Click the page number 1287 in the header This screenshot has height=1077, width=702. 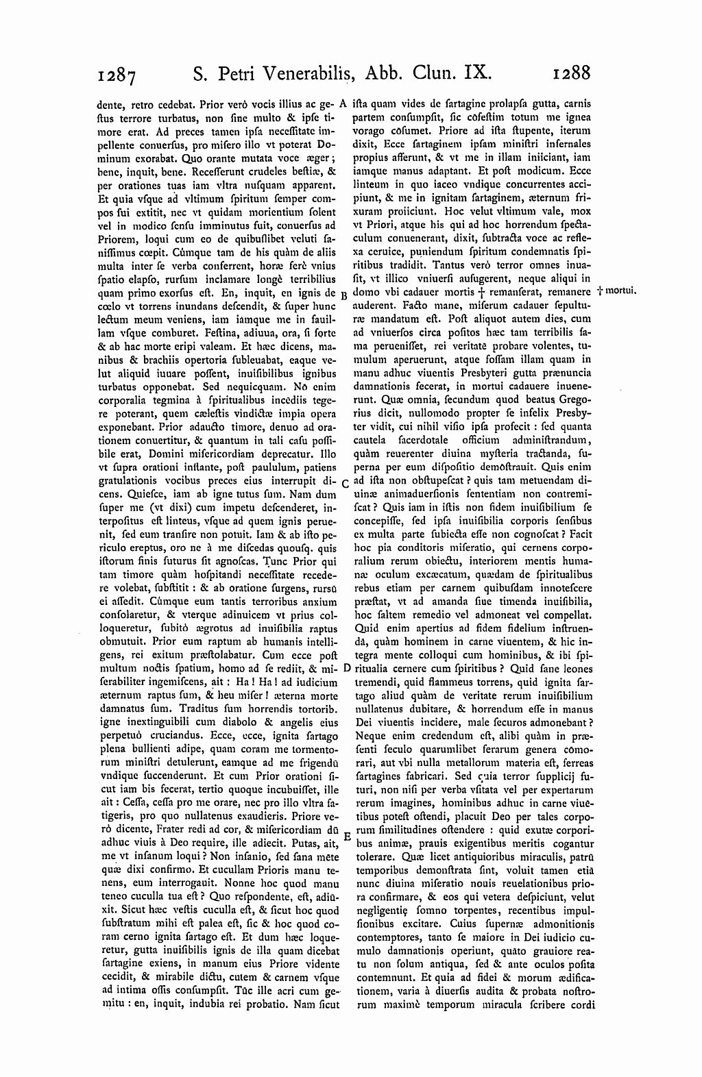[x=119, y=74]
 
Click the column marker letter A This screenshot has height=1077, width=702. [x=343, y=105]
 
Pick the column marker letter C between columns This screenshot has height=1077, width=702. [x=344, y=484]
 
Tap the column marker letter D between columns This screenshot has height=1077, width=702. [x=346, y=666]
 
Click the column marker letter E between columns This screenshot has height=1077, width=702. [x=346, y=837]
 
